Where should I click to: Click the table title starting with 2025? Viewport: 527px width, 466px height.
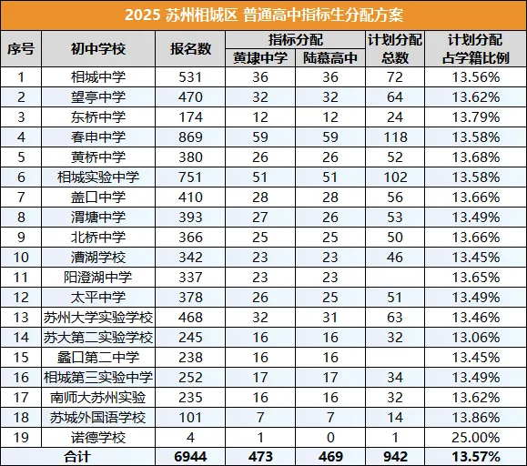click(263, 16)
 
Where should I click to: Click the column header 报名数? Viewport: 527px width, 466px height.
click(190, 49)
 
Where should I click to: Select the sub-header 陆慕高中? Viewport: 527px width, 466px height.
click(329, 58)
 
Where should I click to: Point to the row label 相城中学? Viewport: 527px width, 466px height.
click(97, 77)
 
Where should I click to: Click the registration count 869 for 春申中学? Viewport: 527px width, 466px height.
click(190, 137)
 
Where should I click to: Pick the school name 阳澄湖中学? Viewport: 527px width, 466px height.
click(97, 277)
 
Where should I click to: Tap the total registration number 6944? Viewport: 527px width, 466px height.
click(190, 457)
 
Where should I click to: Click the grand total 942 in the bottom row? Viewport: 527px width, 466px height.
click(394, 457)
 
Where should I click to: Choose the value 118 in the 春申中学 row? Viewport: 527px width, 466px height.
click(394, 137)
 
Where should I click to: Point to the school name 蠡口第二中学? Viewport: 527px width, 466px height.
click(97, 357)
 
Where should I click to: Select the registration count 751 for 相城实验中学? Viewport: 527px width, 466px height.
click(190, 177)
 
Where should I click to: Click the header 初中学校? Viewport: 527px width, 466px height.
click(97, 49)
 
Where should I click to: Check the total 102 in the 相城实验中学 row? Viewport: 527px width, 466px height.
click(394, 177)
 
